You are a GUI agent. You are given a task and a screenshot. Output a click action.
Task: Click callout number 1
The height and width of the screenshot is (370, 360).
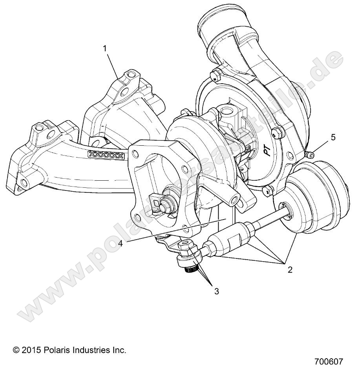(105, 48)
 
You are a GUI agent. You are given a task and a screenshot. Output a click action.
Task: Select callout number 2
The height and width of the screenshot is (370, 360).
(290, 270)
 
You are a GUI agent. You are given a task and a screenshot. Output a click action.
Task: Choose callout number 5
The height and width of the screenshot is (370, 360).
(333, 137)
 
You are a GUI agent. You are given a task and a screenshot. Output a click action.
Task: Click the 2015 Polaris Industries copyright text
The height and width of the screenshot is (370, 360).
(70, 350)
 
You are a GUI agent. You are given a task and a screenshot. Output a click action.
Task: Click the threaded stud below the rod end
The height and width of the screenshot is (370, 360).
(190, 268)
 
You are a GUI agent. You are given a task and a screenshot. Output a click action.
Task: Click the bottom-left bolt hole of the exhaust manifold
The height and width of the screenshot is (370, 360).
(24, 183)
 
